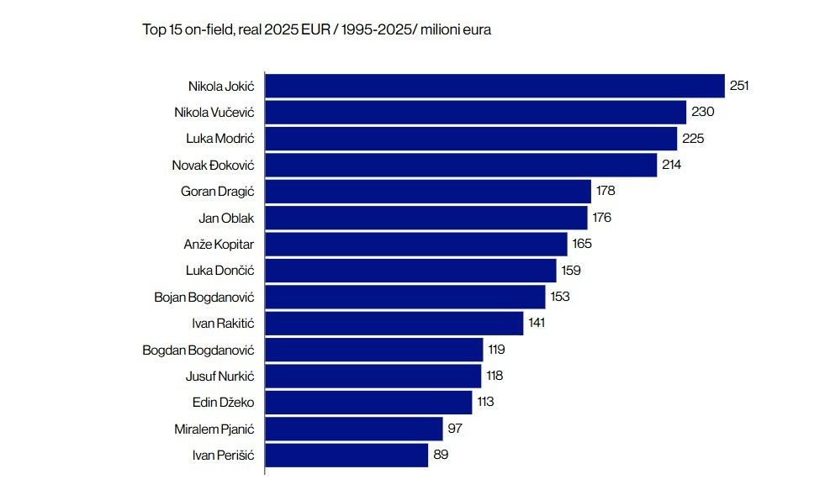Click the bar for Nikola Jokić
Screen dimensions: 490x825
click(494, 86)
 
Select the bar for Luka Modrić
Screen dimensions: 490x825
click(471, 139)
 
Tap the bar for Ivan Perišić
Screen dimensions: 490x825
click(346, 455)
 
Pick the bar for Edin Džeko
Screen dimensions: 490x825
click(368, 402)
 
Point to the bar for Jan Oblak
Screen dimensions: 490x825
click(426, 218)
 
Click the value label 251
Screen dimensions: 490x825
click(739, 86)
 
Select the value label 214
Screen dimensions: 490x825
click(671, 165)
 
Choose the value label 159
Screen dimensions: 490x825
click(571, 271)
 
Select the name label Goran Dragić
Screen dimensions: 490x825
click(217, 192)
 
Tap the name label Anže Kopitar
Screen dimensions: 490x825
click(219, 245)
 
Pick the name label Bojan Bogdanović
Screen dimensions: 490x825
click(204, 297)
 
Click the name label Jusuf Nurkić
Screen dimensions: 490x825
click(219, 376)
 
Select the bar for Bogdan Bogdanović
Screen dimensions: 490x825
click(373, 350)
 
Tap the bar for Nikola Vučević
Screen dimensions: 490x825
click(475, 112)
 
